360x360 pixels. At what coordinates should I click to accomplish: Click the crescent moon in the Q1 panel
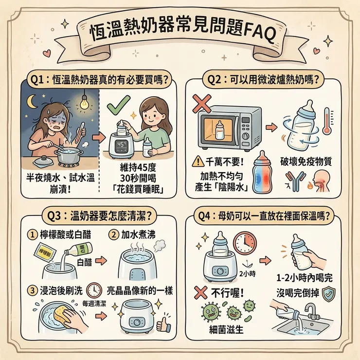point(33,101)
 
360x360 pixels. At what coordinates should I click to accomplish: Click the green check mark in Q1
point(119,103)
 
